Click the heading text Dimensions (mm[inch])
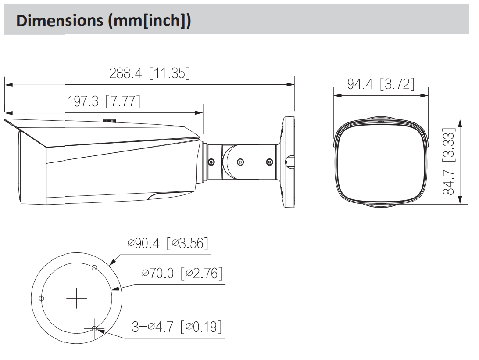pyautogui.click(x=104, y=21)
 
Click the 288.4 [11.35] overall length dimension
pyautogui.click(x=150, y=73)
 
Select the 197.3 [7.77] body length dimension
pyautogui.click(x=104, y=101)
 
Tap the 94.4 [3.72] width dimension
pyautogui.click(x=381, y=84)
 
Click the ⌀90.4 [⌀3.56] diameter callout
pyautogui.click(x=168, y=244)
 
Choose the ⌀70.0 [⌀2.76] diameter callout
pyautogui.click(x=182, y=273)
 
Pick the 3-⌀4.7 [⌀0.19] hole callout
pyautogui.click(x=177, y=327)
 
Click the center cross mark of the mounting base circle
pyautogui.click(x=76, y=298)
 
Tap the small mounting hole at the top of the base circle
pyautogui.click(x=94, y=268)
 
